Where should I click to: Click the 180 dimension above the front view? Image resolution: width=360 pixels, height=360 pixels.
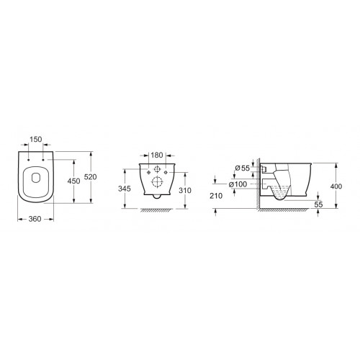point(157,155)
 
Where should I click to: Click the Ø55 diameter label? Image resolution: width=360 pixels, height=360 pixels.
point(241,168)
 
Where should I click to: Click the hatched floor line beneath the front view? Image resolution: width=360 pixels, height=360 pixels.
point(156,210)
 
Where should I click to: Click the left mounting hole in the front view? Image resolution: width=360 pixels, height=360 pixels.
point(145,173)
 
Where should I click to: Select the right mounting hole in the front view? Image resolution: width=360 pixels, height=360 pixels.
point(167,173)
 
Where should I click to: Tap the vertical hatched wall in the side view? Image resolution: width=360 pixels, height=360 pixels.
point(258,187)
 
